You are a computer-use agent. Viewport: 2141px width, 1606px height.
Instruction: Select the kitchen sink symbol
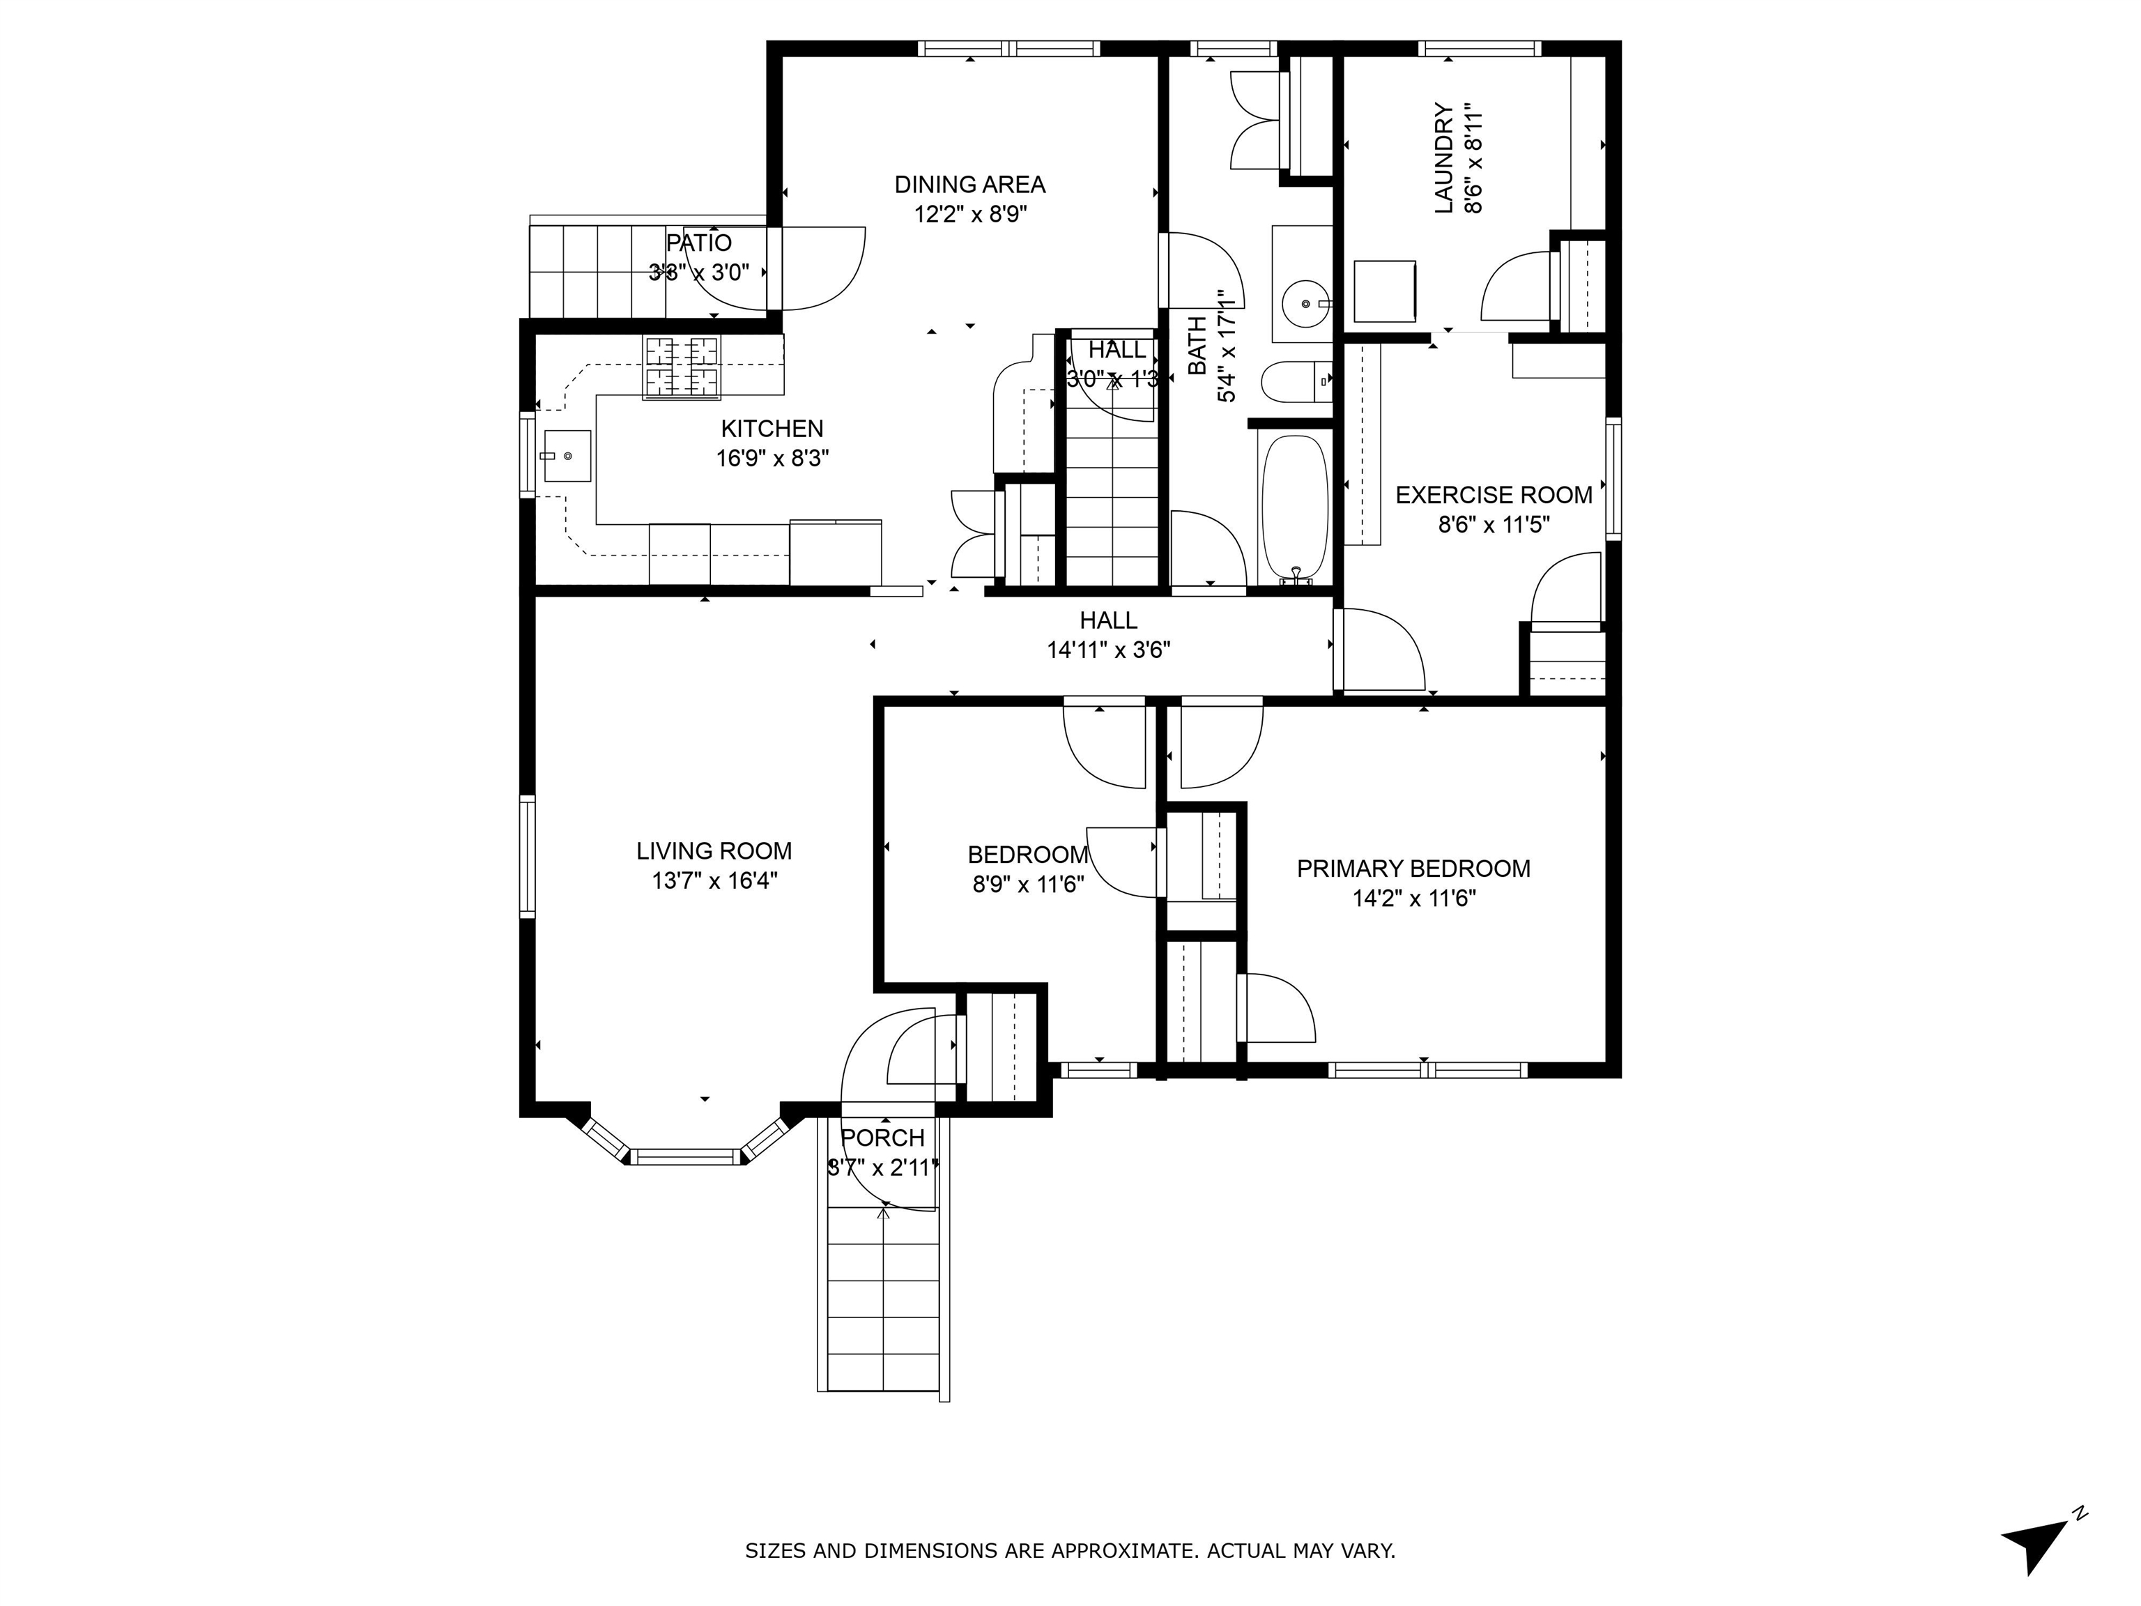(566, 456)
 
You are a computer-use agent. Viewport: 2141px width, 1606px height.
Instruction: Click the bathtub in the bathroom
(1294, 508)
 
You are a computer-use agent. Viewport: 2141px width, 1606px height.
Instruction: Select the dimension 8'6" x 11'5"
(1494, 525)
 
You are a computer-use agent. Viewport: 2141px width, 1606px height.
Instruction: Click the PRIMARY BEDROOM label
(1413, 869)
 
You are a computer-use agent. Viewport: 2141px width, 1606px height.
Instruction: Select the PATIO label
(699, 243)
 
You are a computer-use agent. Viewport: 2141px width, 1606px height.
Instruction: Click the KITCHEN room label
(772, 428)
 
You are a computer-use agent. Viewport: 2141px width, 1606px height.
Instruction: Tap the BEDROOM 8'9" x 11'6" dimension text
(1028, 884)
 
